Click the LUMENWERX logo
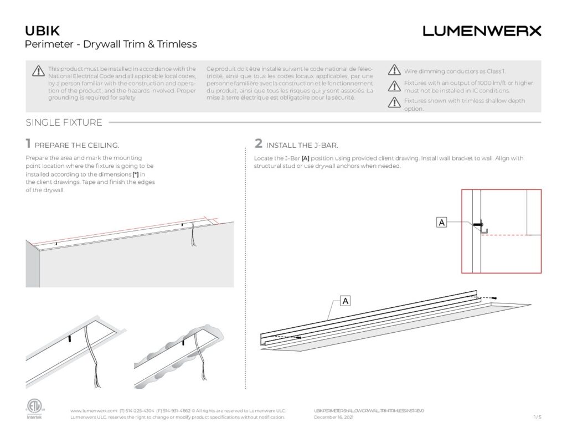[482, 31]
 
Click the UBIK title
[43, 30]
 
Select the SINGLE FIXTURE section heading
[64, 122]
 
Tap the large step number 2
[259, 144]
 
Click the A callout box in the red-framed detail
[441, 223]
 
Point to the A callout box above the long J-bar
[345, 301]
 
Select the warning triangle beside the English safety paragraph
[38, 71]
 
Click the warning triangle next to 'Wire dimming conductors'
[394, 70]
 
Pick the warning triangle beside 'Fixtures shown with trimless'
[394, 102]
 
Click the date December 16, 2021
[333, 418]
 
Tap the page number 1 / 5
[537, 417]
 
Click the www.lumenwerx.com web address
[94, 411]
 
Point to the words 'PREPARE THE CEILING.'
[77, 146]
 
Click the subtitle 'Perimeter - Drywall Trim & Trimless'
[111, 44]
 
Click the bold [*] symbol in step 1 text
[135, 174]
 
